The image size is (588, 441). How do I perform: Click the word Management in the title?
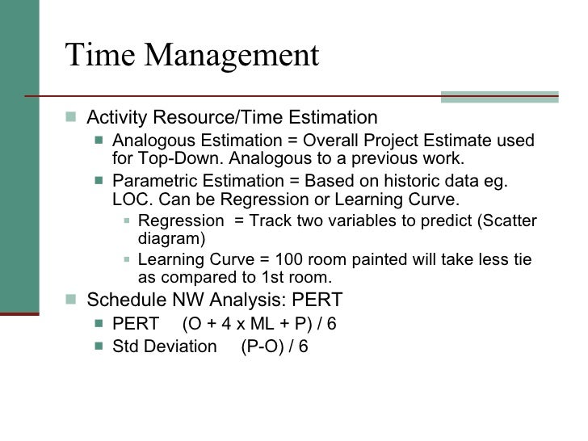coord(235,57)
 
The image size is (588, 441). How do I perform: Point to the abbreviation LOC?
coord(130,199)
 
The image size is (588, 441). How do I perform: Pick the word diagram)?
coord(172,239)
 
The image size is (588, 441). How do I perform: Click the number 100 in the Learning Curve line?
coord(289,259)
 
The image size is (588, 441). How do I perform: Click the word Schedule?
coord(123,300)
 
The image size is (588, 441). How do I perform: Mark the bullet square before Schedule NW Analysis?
coord(73,300)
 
